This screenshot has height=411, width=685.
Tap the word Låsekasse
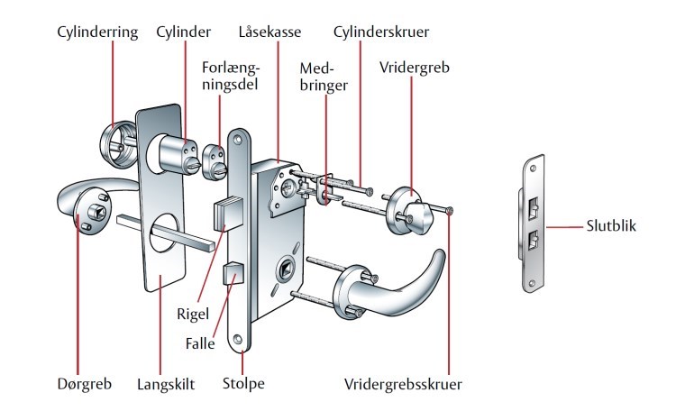coord(269,32)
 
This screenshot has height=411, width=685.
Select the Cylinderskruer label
coord(380,32)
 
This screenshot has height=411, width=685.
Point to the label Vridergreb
coord(416,68)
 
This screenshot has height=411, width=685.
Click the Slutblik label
coord(611,226)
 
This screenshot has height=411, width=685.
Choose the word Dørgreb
coord(82,384)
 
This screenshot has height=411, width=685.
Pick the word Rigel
coord(194,315)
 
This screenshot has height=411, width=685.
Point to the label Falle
coord(199,343)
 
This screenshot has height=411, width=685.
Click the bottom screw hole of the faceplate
coord(239,341)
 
